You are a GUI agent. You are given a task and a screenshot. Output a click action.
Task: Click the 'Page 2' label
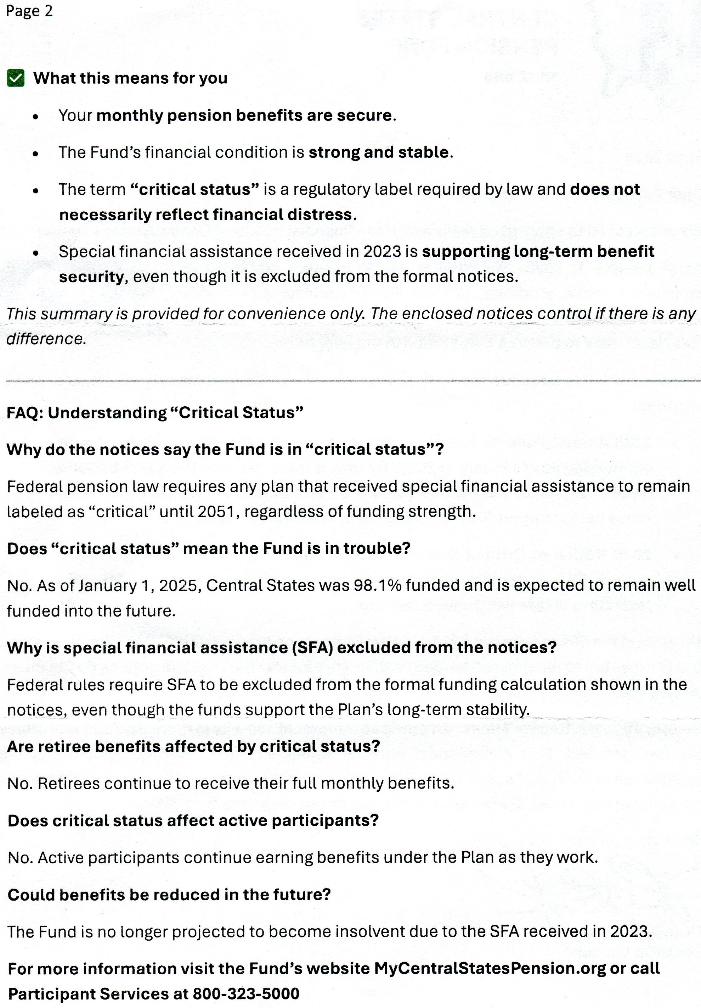[x=29, y=11]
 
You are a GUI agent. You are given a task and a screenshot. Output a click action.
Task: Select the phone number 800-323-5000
[x=246, y=993]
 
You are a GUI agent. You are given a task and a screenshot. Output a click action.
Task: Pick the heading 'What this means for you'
[x=130, y=78]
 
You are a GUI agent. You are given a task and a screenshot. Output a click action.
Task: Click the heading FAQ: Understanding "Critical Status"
[x=155, y=413]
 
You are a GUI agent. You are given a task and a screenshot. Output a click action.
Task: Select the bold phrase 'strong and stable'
[x=379, y=152]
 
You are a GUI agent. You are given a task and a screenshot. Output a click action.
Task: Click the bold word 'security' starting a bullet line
[x=91, y=277]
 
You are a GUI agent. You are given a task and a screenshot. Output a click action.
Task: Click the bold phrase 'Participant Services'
[x=96, y=993]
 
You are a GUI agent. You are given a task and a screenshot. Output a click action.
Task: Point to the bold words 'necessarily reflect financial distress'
[x=205, y=215]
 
